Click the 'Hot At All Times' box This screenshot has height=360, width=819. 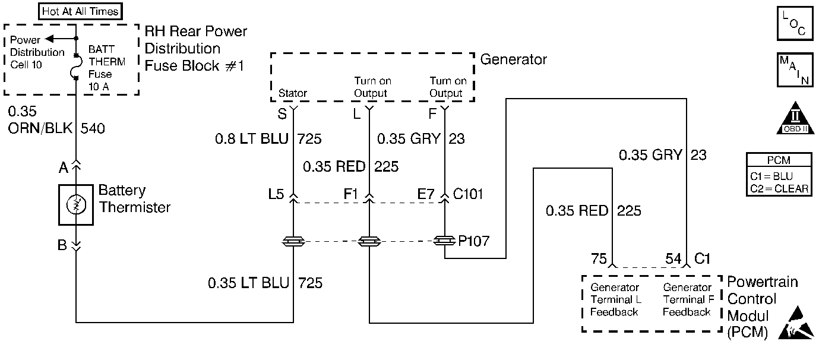pos(80,11)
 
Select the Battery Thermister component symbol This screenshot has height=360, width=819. pos(76,205)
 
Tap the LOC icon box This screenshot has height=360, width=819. pos(794,24)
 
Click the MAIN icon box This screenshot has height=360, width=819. pos(794,71)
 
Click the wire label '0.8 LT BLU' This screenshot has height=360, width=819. pos(252,140)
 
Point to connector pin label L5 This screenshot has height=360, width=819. pos(277,194)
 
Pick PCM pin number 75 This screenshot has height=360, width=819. pos(599,258)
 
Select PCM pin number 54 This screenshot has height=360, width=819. pos(672,258)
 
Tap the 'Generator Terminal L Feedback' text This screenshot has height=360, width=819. pos(615,300)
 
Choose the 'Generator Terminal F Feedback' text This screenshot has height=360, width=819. pos(687,300)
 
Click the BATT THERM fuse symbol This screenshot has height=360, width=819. pos(77,67)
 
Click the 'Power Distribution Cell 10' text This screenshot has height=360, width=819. pos(37,52)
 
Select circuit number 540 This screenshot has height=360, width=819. pos(93,128)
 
